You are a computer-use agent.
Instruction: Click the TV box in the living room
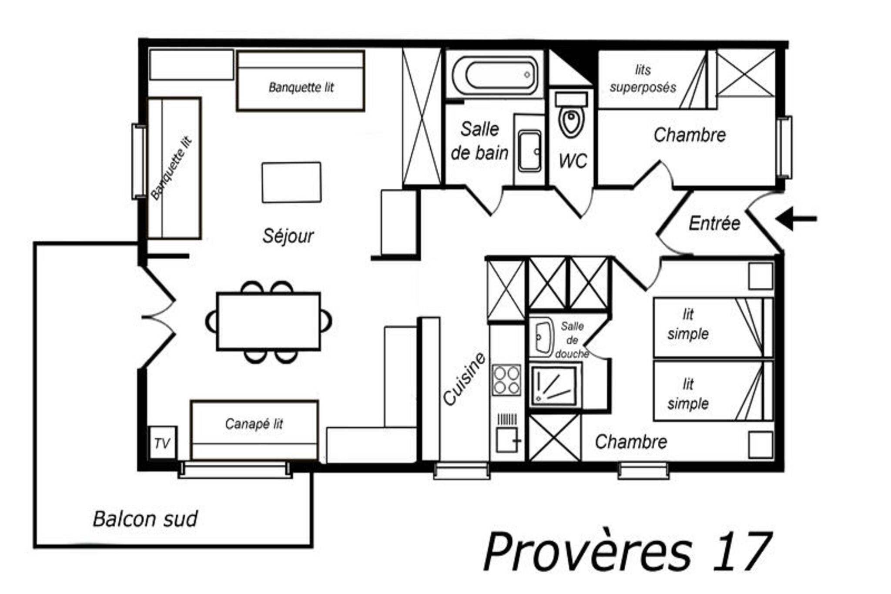(x=162, y=443)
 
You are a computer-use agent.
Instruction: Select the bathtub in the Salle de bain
(x=495, y=75)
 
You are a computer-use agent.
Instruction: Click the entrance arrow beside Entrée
(x=796, y=219)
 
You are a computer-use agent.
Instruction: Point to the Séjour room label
(x=288, y=236)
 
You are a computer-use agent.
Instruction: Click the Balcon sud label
(x=145, y=519)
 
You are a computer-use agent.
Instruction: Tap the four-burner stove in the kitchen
(x=506, y=380)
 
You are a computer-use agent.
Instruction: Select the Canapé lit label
(x=254, y=423)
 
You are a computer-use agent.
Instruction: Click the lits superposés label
(x=643, y=79)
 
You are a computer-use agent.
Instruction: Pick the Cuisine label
(x=464, y=379)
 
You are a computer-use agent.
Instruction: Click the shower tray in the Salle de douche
(x=553, y=385)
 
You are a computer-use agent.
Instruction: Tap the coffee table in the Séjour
(x=291, y=182)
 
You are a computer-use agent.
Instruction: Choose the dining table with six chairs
(x=268, y=322)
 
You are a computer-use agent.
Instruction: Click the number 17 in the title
(x=743, y=551)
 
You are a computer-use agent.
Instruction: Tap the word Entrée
(x=714, y=223)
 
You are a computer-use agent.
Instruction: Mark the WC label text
(x=573, y=161)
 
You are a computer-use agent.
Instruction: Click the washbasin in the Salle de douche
(x=542, y=337)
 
